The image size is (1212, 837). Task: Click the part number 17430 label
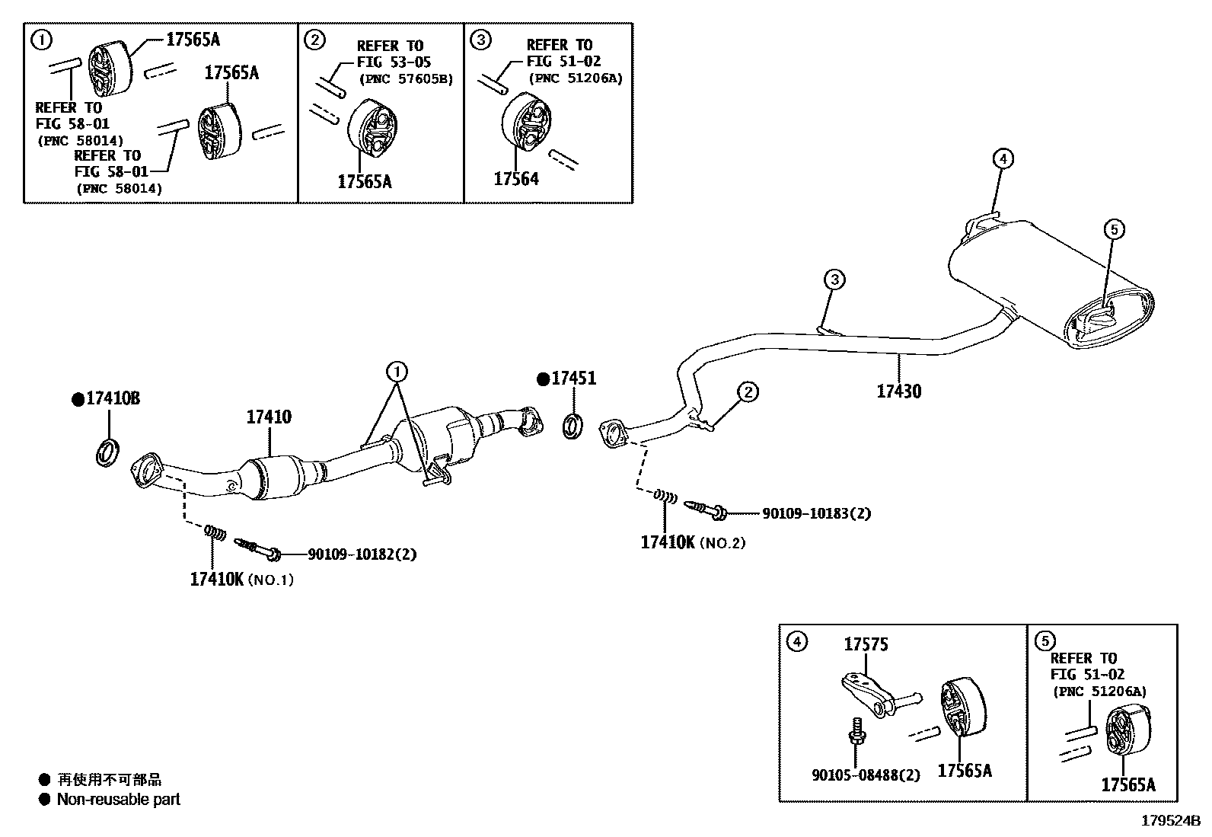point(898,391)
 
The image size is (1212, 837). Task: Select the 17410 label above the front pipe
point(268,417)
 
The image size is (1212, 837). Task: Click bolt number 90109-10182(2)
point(362,554)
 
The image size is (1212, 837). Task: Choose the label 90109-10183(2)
point(816,514)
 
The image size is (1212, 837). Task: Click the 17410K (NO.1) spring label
point(241,580)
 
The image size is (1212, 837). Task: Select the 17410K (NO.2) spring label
point(692,543)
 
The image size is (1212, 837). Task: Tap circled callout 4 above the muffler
point(1003,159)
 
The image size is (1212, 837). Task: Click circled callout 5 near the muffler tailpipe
point(1113,228)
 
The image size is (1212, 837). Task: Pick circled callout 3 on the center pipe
point(834,280)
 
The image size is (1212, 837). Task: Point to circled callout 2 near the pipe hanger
point(748,392)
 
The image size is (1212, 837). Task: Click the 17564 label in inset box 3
point(515,180)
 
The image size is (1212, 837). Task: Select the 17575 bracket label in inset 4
point(866,645)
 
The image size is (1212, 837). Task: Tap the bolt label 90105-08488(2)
point(866,775)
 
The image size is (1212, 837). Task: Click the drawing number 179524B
point(1169,821)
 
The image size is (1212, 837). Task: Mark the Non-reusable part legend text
point(118,800)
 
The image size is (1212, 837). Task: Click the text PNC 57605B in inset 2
point(406,79)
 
